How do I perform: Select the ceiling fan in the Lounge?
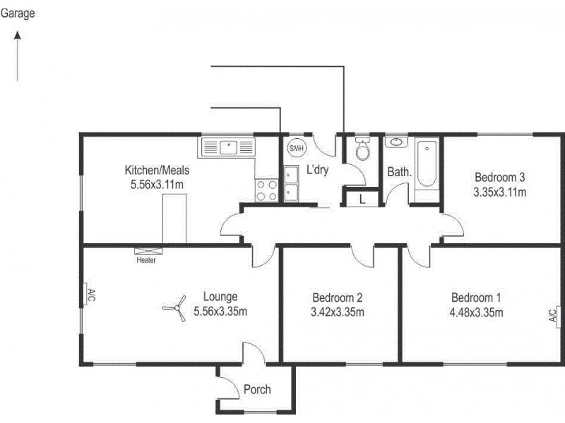(173, 308)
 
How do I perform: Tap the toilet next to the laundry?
(363, 150)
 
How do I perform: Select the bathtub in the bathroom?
(427, 164)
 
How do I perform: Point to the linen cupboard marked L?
(362, 200)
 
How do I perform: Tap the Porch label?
(257, 389)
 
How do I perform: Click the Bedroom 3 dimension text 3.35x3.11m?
(500, 191)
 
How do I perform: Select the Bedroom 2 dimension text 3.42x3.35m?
(338, 312)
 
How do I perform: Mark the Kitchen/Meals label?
(157, 170)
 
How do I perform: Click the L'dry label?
(317, 169)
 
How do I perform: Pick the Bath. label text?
(399, 171)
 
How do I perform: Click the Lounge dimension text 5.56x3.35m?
(220, 312)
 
